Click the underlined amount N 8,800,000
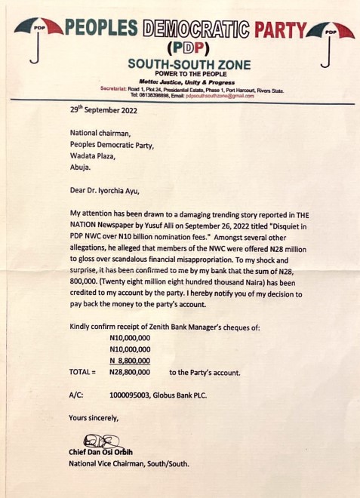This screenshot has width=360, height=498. (x=130, y=361)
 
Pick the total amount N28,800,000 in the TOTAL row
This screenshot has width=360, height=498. (x=130, y=372)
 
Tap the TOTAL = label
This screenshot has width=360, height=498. (x=82, y=372)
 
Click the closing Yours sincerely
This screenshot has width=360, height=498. (x=94, y=417)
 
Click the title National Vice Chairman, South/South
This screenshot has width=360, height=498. (x=128, y=463)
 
